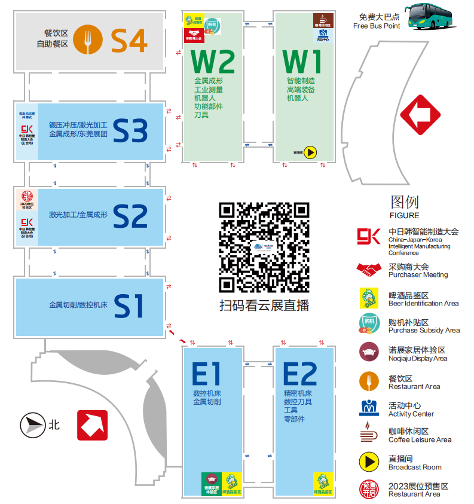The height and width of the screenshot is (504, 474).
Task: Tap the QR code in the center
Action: point(264,246)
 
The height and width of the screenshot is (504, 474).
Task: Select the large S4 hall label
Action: point(129,41)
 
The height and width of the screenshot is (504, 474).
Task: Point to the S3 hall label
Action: point(130,131)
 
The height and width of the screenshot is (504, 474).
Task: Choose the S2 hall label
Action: point(130,216)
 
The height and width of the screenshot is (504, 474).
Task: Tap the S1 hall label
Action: point(129,306)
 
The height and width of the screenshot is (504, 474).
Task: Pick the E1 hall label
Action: point(206,374)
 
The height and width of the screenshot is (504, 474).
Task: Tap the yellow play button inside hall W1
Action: point(310,152)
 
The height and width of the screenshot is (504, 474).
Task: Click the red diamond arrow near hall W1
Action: point(420,115)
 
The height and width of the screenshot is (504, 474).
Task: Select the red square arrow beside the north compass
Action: point(92,424)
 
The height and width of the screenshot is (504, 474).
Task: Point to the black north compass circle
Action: point(32,425)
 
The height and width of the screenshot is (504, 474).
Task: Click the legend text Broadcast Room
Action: point(415,468)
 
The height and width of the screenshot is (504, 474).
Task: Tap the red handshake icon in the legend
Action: point(368,270)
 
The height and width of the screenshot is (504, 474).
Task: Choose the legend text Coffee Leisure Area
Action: point(420,440)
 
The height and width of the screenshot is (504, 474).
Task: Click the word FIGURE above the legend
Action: point(404,216)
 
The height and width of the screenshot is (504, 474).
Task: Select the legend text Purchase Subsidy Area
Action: point(424,331)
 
